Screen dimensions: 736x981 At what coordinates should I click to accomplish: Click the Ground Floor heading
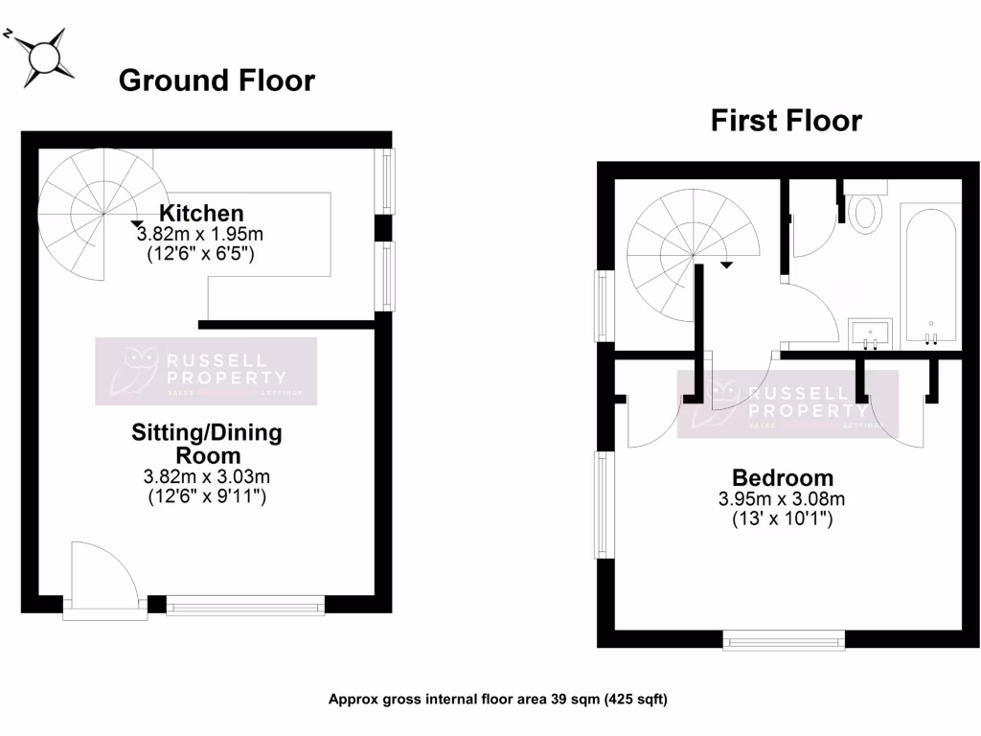[x=216, y=81]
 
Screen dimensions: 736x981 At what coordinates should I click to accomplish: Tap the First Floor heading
[x=786, y=121]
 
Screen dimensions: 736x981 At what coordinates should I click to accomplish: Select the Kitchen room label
[x=201, y=213]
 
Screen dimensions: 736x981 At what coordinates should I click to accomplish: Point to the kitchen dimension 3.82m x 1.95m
[x=200, y=234]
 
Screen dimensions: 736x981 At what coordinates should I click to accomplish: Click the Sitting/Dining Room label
[x=207, y=444]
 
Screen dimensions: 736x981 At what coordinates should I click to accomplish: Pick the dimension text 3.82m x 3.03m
[x=206, y=476]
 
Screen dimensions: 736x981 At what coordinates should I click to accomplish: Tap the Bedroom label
[x=783, y=477]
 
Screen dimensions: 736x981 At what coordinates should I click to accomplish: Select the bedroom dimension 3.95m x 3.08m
[x=783, y=498]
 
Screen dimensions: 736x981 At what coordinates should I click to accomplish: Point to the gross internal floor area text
[x=498, y=699]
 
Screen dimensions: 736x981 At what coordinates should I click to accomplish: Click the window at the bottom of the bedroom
[x=784, y=640]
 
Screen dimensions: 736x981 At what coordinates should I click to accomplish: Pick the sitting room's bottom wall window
[x=245, y=605]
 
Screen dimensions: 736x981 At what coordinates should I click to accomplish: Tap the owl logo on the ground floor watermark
[x=130, y=372]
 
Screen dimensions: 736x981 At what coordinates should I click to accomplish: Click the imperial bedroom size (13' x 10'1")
[x=783, y=519]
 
